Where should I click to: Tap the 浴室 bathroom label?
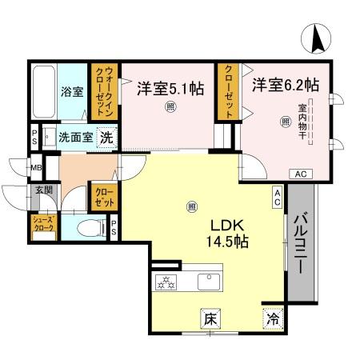(73, 91)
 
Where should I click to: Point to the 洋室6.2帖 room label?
(286, 83)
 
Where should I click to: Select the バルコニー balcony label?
(302, 244)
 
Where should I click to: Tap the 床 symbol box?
(210, 317)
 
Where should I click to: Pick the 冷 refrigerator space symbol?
(273, 318)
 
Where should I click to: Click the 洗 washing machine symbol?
(105, 136)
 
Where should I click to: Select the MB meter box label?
(35, 168)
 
